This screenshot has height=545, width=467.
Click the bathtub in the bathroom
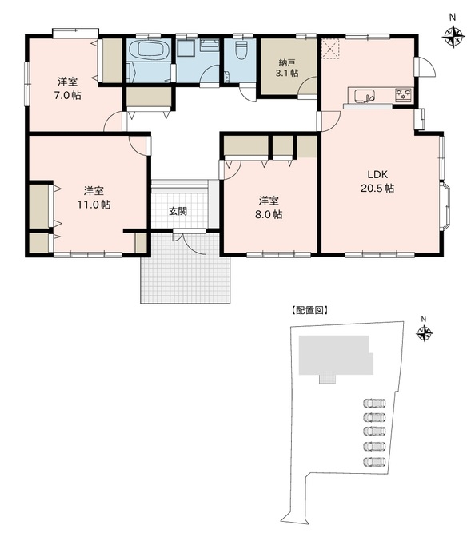point(148,51)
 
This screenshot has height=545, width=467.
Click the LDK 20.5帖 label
point(380,181)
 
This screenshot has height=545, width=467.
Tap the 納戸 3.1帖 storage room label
point(288,67)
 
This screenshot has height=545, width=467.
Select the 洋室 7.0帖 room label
point(67,88)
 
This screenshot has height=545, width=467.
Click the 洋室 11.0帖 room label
point(95,197)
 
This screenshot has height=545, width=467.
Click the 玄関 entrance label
point(178,212)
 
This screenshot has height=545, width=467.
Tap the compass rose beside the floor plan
point(453,35)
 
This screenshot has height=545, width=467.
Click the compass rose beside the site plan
point(424,332)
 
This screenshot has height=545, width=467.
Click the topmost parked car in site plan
point(373,403)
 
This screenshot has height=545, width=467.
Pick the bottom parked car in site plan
point(373,461)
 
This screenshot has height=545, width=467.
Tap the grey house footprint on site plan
point(334,356)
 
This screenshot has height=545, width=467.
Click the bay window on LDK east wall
point(445,206)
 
